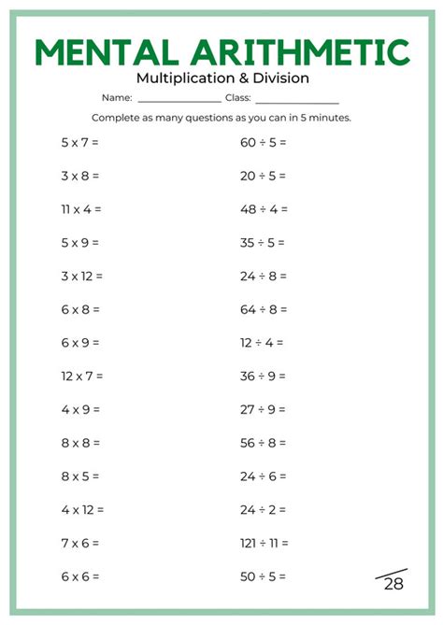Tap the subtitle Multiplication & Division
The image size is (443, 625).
pos(221,78)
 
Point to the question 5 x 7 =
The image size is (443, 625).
pos(79,142)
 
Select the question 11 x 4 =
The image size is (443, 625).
pos(81,209)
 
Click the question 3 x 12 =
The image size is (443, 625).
pos(82,276)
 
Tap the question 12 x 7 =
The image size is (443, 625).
pos(82,376)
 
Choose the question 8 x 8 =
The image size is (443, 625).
pos(80,443)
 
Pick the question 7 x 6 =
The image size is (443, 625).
pos(80,543)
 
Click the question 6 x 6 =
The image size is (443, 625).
pos(80,576)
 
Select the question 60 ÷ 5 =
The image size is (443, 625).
pos(264,142)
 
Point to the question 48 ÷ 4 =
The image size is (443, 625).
pos(264,209)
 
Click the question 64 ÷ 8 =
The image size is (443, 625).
pos(264,309)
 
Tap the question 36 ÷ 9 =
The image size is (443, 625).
pos(264,376)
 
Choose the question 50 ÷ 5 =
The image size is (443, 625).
pos(264,576)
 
